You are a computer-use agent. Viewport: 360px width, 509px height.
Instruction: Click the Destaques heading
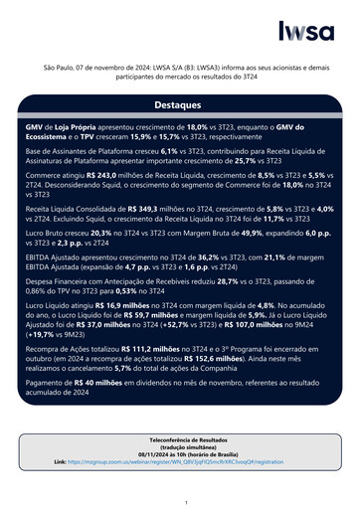point(179,103)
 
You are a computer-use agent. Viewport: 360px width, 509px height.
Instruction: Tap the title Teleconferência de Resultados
point(180,438)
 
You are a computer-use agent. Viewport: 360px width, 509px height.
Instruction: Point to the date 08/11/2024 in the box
point(148,453)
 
